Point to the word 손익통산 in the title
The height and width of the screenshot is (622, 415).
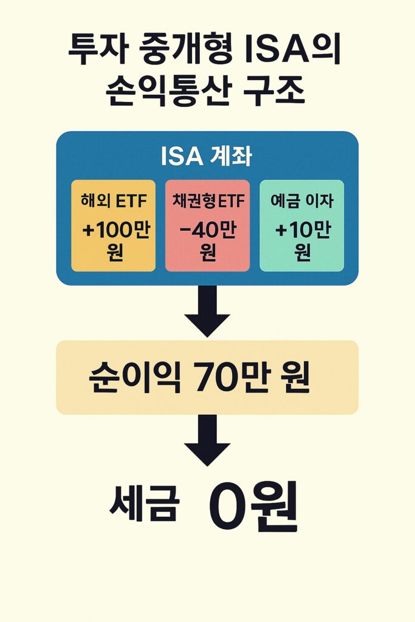pos(158,94)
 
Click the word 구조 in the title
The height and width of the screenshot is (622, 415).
pos(275,94)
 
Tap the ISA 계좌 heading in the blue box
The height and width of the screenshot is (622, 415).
pos(207,157)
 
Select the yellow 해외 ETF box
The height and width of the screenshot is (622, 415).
pos(113,225)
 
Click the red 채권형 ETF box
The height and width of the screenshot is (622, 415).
pos(207,225)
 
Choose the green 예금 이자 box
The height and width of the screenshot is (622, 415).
pos(301,225)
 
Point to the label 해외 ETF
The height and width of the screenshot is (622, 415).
pos(113,201)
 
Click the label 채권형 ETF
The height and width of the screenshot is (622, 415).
pos(207,201)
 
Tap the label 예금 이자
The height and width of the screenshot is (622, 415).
pos(301,201)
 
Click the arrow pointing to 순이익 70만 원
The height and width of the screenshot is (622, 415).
pos(207,311)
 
